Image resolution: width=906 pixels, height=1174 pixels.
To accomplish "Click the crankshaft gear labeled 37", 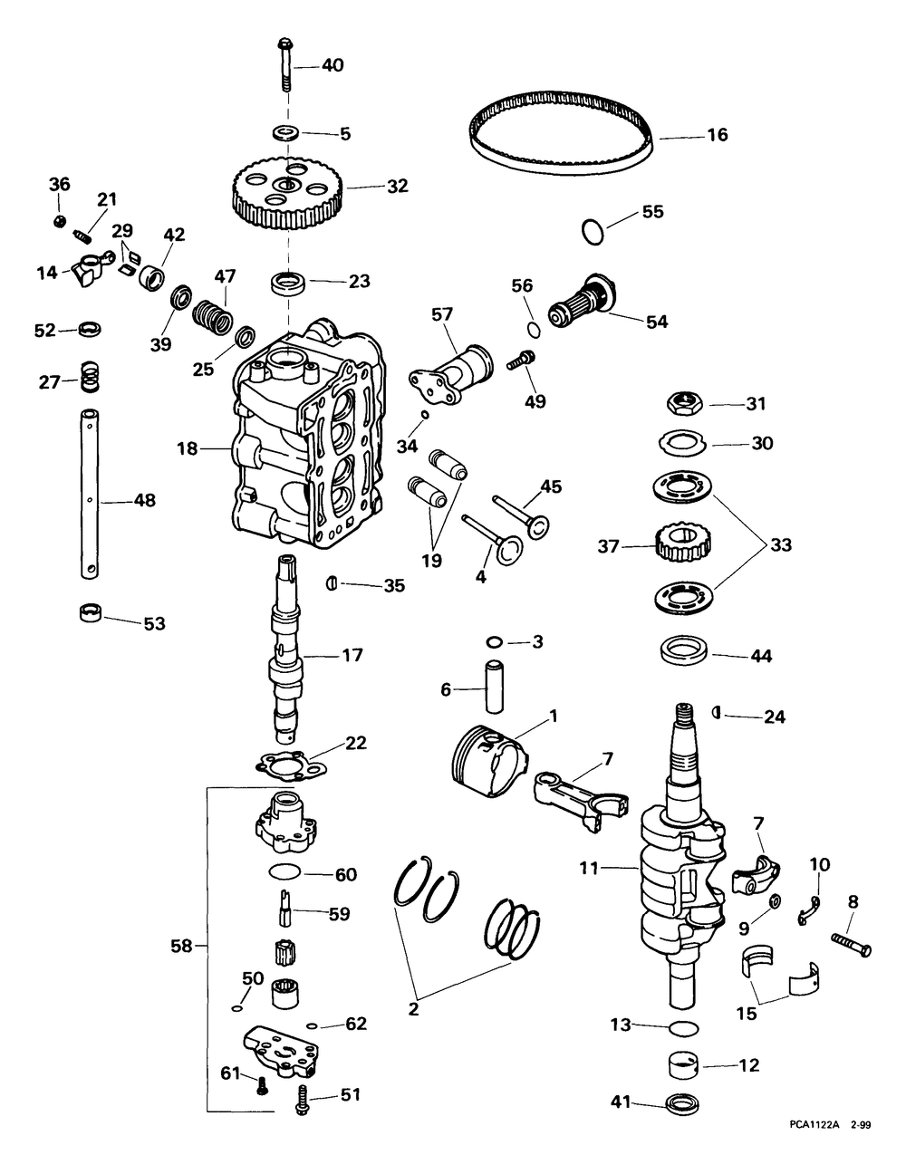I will (x=680, y=546).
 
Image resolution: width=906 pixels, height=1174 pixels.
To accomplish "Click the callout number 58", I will (x=181, y=947).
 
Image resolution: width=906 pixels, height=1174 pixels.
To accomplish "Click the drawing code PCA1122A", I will (x=814, y=1149).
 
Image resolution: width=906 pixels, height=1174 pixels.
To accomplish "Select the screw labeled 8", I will (x=851, y=945).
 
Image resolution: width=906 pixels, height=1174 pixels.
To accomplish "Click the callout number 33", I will (x=780, y=545).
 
